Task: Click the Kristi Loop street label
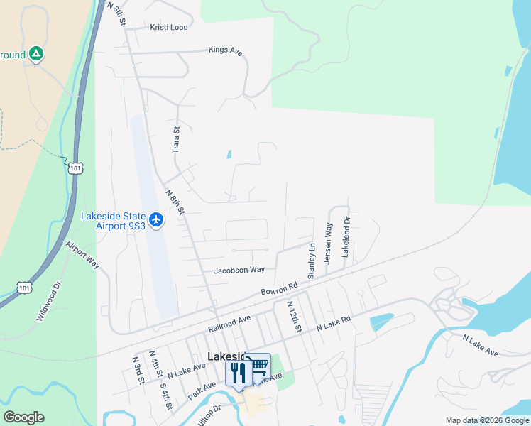[169, 27]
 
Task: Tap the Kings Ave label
[226, 50]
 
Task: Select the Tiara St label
[177, 140]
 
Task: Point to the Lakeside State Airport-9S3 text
[114, 221]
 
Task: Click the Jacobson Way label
[239, 270]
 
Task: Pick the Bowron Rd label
[278, 290]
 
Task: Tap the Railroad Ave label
[230, 324]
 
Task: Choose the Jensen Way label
[328, 244]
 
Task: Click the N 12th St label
[295, 316]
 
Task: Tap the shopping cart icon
[259, 366]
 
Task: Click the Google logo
[23, 417]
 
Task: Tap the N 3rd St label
[137, 369]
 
